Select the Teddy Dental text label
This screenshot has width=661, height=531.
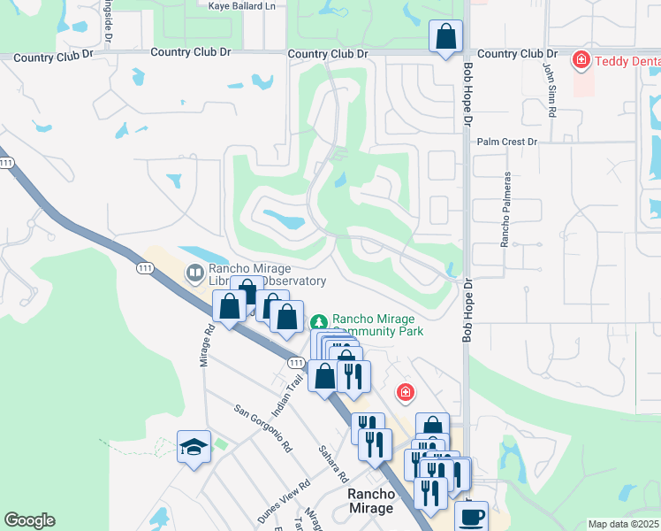627,61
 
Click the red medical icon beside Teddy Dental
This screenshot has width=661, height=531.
581,61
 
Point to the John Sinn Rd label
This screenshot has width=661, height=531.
549,89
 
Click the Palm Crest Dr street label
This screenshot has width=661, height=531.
506,142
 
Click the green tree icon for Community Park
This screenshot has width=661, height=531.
319,320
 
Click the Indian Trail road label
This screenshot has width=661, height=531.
293,390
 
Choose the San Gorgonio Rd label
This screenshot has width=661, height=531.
263,427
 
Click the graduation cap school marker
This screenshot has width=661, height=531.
194,447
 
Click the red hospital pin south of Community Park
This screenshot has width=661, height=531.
405,391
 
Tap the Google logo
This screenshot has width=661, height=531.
29,520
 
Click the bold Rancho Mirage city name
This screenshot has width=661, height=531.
370,501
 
